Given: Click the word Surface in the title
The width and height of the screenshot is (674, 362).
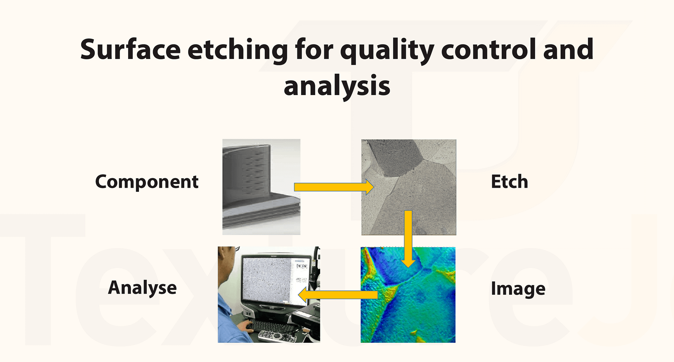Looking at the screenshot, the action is click(x=130, y=49).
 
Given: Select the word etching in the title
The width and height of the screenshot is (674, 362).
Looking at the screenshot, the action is click(x=238, y=51).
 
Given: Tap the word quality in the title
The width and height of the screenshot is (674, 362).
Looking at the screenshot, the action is click(x=387, y=51).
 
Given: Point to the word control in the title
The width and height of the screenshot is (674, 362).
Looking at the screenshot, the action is click(x=488, y=49).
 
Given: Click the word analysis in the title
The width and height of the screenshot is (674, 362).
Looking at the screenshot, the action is click(x=337, y=87).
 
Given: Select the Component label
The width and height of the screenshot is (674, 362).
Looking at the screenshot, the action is click(x=147, y=182).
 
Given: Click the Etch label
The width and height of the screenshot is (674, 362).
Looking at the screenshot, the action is click(x=509, y=182).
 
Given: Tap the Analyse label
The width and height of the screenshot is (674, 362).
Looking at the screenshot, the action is click(x=142, y=288).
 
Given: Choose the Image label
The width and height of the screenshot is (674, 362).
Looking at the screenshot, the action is click(x=518, y=289).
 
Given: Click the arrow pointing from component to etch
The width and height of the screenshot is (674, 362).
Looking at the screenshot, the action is click(x=334, y=187).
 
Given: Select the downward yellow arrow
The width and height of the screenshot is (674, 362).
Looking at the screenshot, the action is click(x=408, y=239).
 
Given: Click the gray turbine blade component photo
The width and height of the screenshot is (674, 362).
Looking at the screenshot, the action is click(x=261, y=187).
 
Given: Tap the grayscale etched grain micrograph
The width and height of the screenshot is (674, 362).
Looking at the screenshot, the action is click(x=409, y=187).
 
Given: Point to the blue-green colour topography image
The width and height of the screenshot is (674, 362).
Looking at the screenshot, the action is click(x=408, y=295).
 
